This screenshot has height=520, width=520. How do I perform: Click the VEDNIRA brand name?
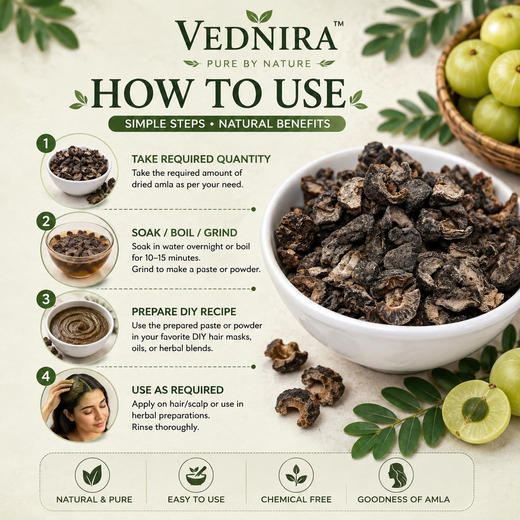[256, 36]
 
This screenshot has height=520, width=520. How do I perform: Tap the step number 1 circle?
[46, 143]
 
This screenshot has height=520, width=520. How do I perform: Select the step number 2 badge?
[46, 221]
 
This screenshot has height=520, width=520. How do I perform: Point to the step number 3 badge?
[46, 299]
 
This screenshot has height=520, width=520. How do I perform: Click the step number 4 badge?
[46, 376]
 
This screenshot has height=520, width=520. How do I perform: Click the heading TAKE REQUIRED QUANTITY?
[201, 159]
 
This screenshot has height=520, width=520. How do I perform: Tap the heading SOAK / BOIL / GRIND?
[184, 233]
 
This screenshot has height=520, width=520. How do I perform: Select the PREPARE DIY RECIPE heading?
[184, 312]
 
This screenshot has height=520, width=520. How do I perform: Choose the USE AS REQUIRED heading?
[177, 390]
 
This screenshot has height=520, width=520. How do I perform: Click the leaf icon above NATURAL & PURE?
[92, 475]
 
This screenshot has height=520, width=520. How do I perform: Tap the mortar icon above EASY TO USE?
[196, 475]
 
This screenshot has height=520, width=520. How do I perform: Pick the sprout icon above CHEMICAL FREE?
[296, 475]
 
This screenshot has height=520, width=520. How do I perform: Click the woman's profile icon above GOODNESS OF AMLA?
[396, 475]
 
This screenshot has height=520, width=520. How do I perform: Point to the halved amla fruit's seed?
[475, 410]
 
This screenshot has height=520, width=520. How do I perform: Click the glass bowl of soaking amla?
[80, 249]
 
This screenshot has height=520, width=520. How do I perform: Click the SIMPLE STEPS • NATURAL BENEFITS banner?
[227, 124]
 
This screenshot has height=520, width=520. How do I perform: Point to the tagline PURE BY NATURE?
[259, 63]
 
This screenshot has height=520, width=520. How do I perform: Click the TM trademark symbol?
[338, 23]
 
